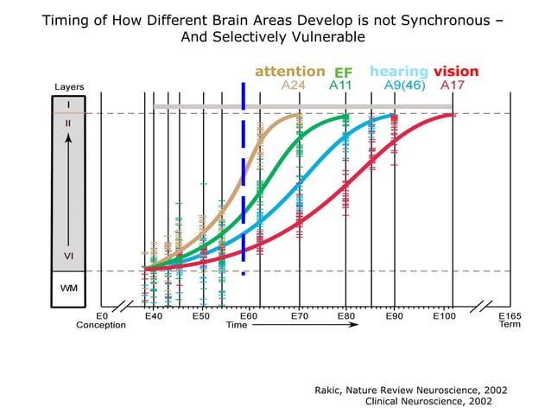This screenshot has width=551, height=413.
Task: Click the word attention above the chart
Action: (290, 72)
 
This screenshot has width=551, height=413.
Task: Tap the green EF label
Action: (344, 73)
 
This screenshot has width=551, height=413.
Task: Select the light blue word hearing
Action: (399, 72)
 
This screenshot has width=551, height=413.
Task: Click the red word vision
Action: (456, 72)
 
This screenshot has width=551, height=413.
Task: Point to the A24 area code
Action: (294, 86)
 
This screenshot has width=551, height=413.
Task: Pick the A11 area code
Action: (340, 86)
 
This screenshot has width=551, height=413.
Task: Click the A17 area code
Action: (452, 86)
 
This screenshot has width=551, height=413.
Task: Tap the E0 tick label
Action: (101, 316)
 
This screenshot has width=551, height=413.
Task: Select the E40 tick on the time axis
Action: (154, 316)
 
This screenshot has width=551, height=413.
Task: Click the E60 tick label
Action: (250, 316)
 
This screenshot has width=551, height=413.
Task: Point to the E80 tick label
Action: (345, 316)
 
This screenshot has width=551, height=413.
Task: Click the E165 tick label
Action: (510, 316)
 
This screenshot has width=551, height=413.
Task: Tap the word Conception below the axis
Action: (101, 326)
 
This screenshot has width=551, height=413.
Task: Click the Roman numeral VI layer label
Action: (68, 257)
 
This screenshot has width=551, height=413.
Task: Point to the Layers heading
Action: (69, 87)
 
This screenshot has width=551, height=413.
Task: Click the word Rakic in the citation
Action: (333, 391)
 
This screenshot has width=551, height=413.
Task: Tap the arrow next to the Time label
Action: (281, 326)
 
